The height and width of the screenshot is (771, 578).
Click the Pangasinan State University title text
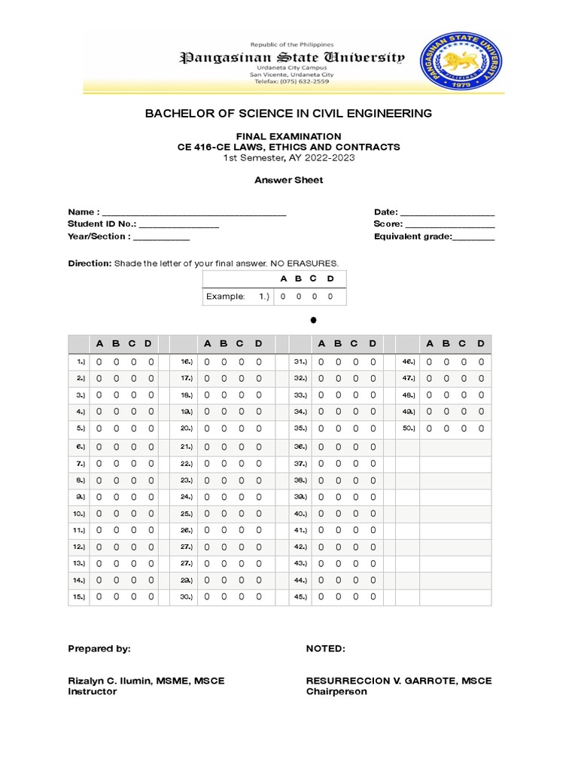click(x=291, y=58)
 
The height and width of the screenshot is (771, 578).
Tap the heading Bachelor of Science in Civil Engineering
click(x=288, y=113)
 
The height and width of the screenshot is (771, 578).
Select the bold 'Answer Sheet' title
click(x=288, y=180)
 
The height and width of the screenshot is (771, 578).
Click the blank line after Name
click(x=193, y=213)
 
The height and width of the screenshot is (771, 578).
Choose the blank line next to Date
click(x=447, y=213)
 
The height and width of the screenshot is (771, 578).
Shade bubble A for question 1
click(x=99, y=362)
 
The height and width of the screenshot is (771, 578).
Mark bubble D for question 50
click(x=482, y=428)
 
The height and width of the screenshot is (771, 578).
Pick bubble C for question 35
click(x=354, y=428)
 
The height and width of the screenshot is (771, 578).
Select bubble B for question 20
click(x=224, y=428)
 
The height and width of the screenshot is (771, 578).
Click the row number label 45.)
click(x=300, y=596)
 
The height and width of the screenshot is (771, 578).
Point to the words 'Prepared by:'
click(x=99, y=648)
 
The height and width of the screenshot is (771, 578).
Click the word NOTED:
click(x=325, y=648)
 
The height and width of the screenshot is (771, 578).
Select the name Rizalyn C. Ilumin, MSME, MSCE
click(x=146, y=681)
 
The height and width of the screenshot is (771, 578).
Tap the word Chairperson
click(x=336, y=691)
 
